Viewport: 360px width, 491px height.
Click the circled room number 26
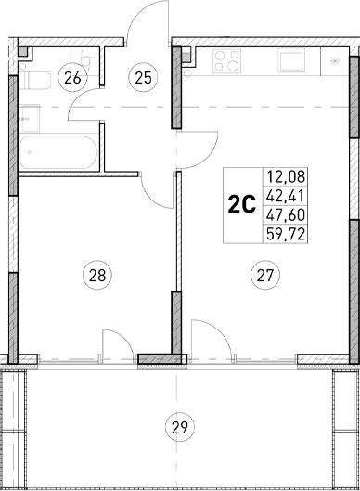tap(71, 78)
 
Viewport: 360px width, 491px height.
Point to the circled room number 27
tap(265, 274)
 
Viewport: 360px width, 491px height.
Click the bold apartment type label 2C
tap(242, 202)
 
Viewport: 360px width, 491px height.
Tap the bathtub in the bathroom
tap(58, 153)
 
